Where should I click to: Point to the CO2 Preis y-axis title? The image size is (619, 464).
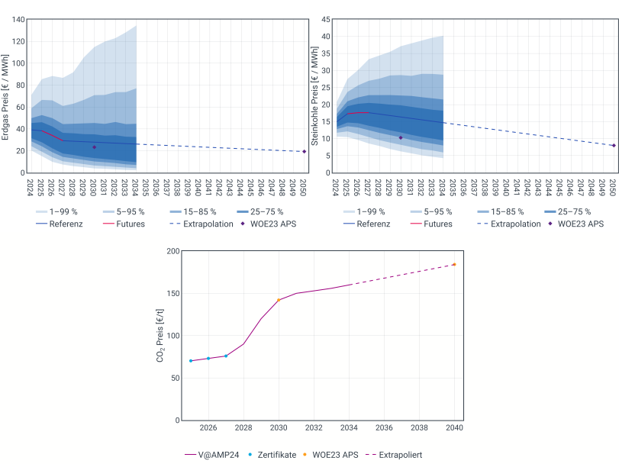[160, 336]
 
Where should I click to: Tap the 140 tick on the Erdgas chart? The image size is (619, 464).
[17, 18]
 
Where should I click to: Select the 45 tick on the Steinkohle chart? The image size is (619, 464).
[326, 18]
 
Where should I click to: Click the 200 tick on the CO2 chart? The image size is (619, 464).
[172, 251]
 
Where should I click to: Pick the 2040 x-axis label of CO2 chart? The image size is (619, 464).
[454, 428]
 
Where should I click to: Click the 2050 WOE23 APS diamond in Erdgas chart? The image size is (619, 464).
[304, 151]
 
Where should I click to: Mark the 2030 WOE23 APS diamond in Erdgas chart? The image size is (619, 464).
[94, 147]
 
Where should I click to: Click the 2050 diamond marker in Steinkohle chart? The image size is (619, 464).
[614, 145]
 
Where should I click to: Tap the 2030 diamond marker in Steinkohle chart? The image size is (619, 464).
[401, 137]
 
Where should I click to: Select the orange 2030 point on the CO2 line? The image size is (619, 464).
[279, 300]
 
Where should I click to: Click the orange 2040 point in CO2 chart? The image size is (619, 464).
[454, 264]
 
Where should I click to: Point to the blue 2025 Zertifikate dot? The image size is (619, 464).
[191, 360]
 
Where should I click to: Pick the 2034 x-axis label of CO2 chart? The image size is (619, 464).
[349, 428]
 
